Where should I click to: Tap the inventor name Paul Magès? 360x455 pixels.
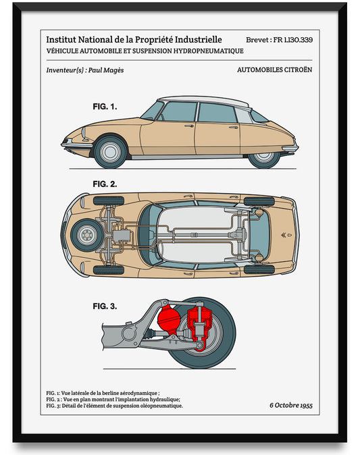click(106, 70)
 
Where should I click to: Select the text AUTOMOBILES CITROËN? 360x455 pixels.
click(275, 70)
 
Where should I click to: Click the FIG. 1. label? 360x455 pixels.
click(105, 107)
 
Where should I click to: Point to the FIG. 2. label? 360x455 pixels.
click(105, 184)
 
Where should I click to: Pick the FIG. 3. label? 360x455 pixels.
click(105, 306)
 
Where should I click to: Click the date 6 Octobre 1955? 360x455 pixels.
click(290, 405)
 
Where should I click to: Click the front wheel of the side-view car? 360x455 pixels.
click(109, 152)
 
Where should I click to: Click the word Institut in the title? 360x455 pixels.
click(61, 40)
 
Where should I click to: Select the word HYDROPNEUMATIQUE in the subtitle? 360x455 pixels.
click(206, 51)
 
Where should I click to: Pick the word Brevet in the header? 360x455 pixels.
click(259, 40)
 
